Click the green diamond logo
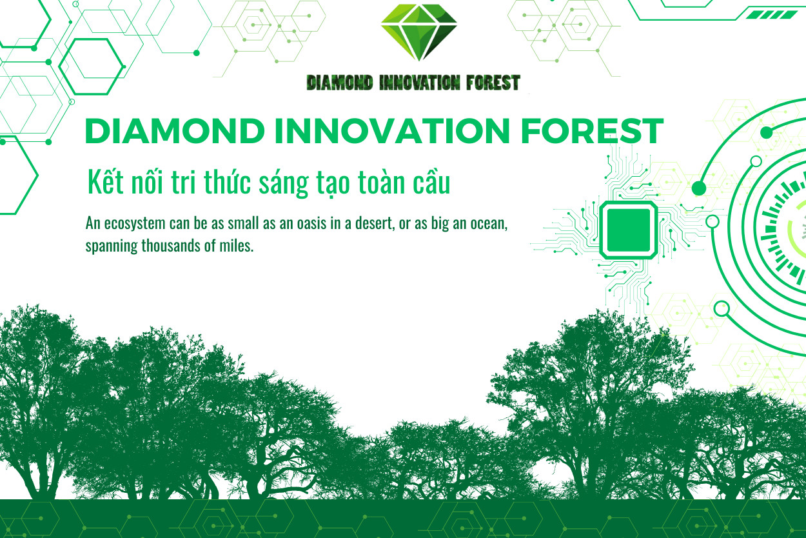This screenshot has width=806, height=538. pos(419,32)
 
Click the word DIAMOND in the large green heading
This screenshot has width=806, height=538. pos(175,131)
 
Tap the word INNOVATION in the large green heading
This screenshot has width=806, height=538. pos(392,131)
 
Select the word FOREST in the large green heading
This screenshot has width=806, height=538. pos(592,131)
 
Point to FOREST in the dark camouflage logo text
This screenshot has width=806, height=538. pos(493,83)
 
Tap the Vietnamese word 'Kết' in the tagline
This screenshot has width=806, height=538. pos(106,182)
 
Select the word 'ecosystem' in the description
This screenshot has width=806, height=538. pos(135,224)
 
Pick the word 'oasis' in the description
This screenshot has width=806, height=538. pos(312,223)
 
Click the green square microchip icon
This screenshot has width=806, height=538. pos(628,230)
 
